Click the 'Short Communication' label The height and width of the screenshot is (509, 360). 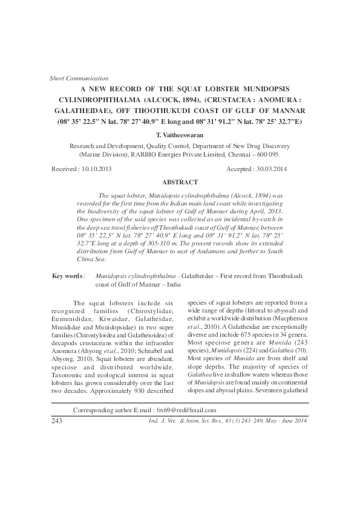(78, 78)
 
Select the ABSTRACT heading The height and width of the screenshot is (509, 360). (180, 182)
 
